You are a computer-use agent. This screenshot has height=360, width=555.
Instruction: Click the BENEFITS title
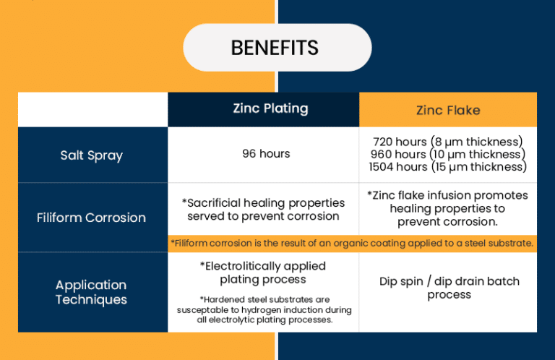pyautogui.click(x=275, y=48)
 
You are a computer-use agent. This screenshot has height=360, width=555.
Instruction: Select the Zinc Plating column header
pyautogui.click(x=270, y=108)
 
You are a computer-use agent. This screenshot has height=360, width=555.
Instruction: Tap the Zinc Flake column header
pyautogui.click(x=448, y=110)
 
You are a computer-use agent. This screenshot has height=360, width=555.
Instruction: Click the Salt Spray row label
pyautogui.click(x=91, y=155)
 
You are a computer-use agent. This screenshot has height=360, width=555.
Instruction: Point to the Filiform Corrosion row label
pyautogui.click(x=91, y=218)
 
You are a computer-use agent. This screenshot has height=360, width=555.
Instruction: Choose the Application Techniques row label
pyautogui.click(x=91, y=292)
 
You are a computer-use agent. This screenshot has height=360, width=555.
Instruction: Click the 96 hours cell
pyautogui.click(x=266, y=154)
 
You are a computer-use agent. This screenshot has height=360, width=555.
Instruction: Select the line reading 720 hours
pyautogui.click(x=448, y=142)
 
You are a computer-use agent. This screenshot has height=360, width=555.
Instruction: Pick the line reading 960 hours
pyautogui.click(x=448, y=154)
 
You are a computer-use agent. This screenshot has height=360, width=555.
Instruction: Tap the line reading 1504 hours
pyautogui.click(x=448, y=167)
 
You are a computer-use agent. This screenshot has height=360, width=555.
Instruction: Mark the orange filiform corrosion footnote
pyautogui.click(x=352, y=244)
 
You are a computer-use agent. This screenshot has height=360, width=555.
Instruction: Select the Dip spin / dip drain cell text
pyautogui.click(x=449, y=288)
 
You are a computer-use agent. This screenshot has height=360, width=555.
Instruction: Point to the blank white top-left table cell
pyautogui.click(x=92, y=110)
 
